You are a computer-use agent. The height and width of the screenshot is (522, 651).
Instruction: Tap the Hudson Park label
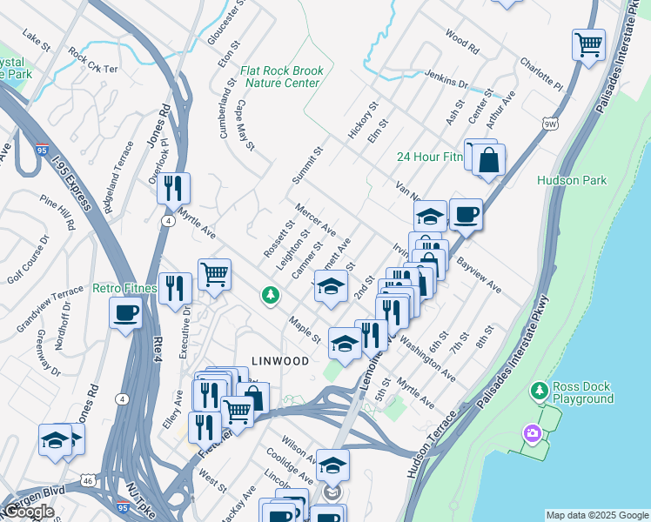[x=572, y=180]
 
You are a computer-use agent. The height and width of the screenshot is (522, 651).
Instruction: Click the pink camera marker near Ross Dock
[x=531, y=432]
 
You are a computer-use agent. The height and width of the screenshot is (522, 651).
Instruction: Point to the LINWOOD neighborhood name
[x=281, y=360]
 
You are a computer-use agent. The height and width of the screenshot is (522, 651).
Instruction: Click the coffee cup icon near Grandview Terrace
[x=126, y=311]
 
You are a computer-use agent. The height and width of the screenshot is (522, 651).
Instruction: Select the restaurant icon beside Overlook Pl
[x=174, y=186]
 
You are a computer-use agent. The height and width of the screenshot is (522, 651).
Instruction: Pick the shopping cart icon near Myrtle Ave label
[x=214, y=275]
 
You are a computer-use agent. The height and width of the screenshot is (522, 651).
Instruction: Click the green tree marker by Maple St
[x=271, y=297]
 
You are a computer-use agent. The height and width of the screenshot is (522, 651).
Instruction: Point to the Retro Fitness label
[x=125, y=288]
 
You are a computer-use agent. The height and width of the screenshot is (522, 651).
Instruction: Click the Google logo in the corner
[x=29, y=512]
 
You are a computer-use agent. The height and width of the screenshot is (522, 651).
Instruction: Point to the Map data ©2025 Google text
[x=596, y=515]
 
